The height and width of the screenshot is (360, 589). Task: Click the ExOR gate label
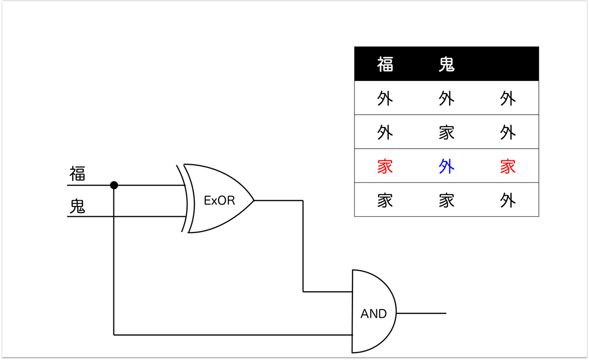[x=219, y=201]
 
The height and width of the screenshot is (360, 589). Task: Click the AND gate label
[x=374, y=314]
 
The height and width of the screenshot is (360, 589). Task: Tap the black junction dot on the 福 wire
[x=114, y=185]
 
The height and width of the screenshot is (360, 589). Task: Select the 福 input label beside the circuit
[x=77, y=174]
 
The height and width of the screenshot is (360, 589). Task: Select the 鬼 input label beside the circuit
[x=77, y=206]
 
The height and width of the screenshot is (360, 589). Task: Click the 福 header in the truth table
[x=385, y=64]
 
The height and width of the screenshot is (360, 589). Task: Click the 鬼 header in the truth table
[x=447, y=64]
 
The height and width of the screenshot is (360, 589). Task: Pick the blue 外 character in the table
[x=447, y=167]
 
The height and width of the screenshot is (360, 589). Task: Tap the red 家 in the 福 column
[x=385, y=167]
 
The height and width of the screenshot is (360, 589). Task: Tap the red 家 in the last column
[x=508, y=167]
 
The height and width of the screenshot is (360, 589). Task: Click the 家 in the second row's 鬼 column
[x=447, y=132]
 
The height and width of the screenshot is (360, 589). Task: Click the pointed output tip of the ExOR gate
[x=253, y=200]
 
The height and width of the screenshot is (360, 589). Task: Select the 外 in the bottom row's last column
[x=508, y=201]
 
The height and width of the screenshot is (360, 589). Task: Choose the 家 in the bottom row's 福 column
[x=385, y=201]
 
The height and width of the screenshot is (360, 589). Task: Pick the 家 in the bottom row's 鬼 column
[x=447, y=201]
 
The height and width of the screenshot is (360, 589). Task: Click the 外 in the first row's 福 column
[x=385, y=99]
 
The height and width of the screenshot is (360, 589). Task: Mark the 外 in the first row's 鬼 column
[x=447, y=99]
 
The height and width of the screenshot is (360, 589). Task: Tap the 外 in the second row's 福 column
[x=385, y=132]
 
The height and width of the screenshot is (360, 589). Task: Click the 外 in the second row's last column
[x=508, y=132]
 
